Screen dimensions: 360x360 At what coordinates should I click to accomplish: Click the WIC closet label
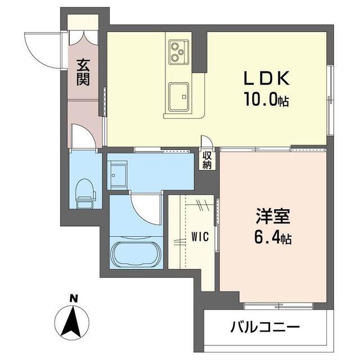tap(200, 236)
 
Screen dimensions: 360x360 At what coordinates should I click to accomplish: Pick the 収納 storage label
tap(206, 160)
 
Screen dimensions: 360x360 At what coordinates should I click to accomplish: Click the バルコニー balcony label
tap(264, 326)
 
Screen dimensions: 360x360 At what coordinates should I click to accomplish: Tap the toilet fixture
tap(84, 191)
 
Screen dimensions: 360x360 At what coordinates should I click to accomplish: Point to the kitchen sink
tap(179, 93)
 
